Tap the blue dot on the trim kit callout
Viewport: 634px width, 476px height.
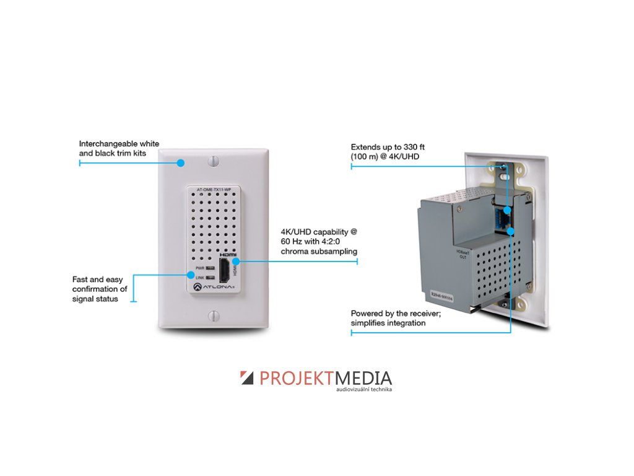click(x=181, y=164)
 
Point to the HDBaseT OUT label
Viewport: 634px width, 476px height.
click(x=460, y=256)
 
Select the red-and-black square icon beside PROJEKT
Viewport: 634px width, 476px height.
click(x=247, y=377)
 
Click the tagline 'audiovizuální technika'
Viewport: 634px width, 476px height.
click(x=364, y=389)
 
